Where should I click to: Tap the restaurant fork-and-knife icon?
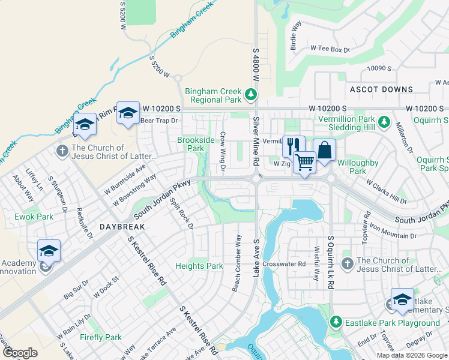click(293, 145)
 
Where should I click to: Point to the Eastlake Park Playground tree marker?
click(336, 323)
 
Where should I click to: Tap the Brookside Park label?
click(196, 144)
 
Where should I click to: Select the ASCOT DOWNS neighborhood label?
click(381, 89)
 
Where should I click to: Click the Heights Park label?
click(199, 266)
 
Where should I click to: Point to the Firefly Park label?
click(101, 338)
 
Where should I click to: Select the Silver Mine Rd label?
click(256, 142)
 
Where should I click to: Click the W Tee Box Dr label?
click(330, 49)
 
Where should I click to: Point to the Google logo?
click(20, 353)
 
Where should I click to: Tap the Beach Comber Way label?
click(238, 263)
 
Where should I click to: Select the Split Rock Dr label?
click(181, 214)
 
